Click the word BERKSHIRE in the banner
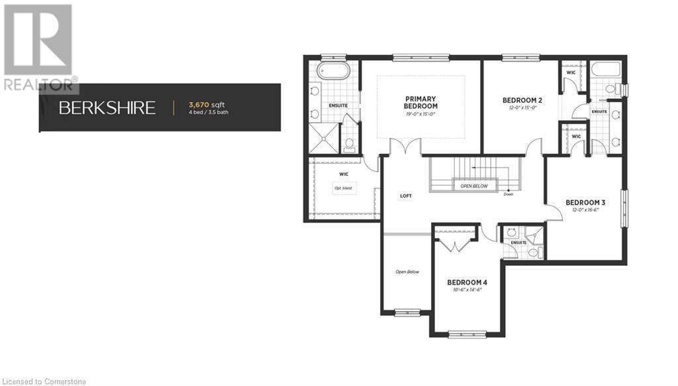pyautogui.click(x=107, y=107)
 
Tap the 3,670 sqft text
pyautogui.click(x=207, y=104)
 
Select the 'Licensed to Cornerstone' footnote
pyautogui.click(x=44, y=381)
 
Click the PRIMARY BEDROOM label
pyautogui.click(x=421, y=103)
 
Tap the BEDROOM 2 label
pyautogui.click(x=522, y=100)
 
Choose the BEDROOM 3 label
pyautogui.click(x=585, y=202)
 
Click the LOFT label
pyautogui.click(x=407, y=196)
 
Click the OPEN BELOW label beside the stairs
pyautogui.click(x=474, y=186)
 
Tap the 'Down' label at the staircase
pyautogui.click(x=508, y=194)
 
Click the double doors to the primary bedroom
pyautogui.click(x=405, y=148)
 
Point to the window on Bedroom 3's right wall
pyautogui.click(x=623, y=209)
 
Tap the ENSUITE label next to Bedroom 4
pyautogui.click(x=518, y=243)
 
